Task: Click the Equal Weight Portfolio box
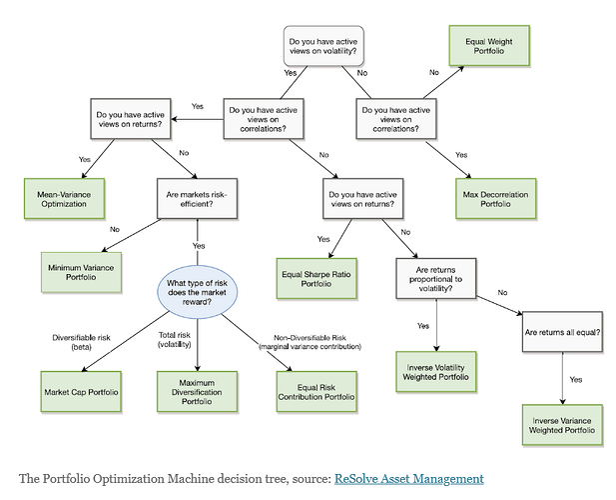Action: [489, 46]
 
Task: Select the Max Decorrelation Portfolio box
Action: [496, 199]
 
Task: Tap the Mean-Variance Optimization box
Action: [65, 199]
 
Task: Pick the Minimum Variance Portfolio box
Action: [81, 272]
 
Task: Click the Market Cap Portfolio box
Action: [81, 391]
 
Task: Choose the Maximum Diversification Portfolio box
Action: [198, 391]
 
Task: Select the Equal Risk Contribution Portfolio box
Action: [316, 391]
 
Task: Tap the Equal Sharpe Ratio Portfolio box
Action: [316, 279]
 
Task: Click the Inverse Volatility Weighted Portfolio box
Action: [436, 372]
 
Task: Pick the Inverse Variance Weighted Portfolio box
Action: [562, 425]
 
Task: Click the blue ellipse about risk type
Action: [198, 292]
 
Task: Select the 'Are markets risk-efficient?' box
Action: [198, 199]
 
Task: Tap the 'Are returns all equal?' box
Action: [562, 332]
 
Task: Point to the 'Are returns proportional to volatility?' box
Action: [436, 279]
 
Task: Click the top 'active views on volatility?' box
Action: [323, 46]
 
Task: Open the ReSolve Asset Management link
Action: [409, 479]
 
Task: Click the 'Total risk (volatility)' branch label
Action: [175, 339]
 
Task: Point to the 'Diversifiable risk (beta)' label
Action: [81, 342]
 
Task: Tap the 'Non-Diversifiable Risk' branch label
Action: [309, 338]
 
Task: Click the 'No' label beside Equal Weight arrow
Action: [434, 72]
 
